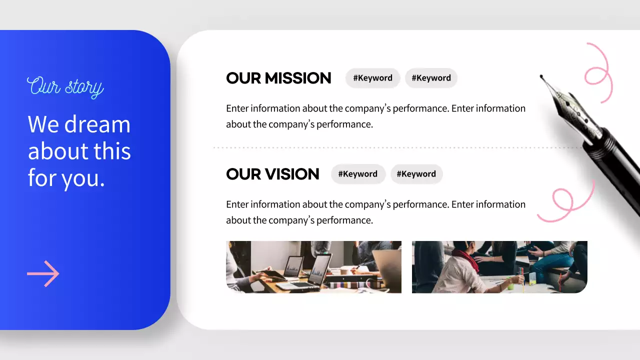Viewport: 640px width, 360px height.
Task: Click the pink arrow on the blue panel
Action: click(x=43, y=273)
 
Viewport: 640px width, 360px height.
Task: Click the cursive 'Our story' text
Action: click(x=65, y=86)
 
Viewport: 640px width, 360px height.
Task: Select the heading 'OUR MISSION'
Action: click(x=278, y=78)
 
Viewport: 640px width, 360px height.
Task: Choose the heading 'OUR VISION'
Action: click(x=272, y=174)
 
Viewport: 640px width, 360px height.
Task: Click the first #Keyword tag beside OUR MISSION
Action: click(x=372, y=78)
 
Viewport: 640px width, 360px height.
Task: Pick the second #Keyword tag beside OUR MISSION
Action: click(x=431, y=78)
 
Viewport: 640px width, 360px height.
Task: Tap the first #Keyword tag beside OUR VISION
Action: click(x=358, y=174)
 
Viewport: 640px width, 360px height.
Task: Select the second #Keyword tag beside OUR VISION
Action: click(x=416, y=174)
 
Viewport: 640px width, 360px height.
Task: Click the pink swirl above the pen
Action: click(x=598, y=72)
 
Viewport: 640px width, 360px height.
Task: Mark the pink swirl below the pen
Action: click(x=565, y=202)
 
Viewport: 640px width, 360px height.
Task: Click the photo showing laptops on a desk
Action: click(x=313, y=266)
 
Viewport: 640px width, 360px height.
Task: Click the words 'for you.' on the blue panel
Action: click(x=66, y=177)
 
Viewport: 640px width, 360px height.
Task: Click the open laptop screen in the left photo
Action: click(x=320, y=269)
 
